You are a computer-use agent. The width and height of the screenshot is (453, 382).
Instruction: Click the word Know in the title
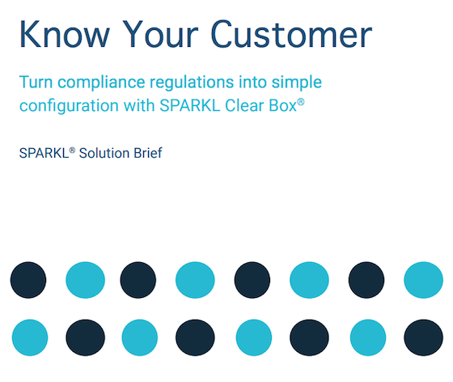point(65,34)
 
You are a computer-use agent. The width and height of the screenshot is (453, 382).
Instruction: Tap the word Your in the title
point(160,34)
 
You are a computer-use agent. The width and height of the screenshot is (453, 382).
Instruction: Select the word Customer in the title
point(292,34)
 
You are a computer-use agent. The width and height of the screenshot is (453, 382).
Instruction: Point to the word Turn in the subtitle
point(36,82)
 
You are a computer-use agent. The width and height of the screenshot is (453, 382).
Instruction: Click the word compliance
point(101,83)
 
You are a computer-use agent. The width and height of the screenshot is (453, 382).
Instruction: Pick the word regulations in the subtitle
point(192,83)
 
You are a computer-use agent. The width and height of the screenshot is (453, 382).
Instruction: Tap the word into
point(252,82)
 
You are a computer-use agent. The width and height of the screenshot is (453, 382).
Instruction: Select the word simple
point(297,83)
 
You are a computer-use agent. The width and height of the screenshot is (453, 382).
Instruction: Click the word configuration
point(69,106)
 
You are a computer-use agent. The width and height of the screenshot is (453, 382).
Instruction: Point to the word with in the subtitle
point(139,105)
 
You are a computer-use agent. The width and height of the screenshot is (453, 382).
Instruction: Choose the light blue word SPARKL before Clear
point(190,105)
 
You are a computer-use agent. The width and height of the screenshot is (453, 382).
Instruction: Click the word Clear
point(244,105)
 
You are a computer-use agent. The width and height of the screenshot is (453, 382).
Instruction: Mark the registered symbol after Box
point(301,102)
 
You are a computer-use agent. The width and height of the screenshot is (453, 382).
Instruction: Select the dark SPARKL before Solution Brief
point(44,153)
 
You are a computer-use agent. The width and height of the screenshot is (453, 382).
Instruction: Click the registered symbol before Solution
point(72,150)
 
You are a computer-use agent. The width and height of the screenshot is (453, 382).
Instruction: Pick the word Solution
point(104,153)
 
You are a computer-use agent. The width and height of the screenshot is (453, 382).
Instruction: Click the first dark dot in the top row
point(28,280)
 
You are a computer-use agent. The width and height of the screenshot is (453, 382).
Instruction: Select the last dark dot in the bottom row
point(423,337)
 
